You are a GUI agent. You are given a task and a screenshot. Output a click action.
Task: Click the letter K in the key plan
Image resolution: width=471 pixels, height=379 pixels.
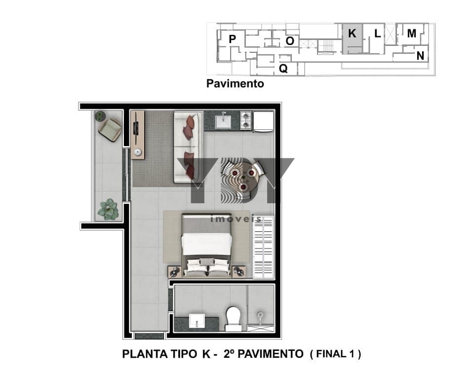[352, 33]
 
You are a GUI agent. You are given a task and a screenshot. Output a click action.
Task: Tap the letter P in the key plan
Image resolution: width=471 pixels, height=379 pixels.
[232, 39]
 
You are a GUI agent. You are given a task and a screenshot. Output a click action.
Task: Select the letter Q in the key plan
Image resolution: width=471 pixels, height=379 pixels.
[283, 69]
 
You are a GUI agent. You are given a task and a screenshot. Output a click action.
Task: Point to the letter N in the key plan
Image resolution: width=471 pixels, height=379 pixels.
[420, 56]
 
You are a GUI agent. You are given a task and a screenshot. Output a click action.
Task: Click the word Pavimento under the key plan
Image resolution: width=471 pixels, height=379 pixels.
[235, 83]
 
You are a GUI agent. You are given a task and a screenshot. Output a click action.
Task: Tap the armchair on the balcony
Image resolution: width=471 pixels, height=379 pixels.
[110, 130]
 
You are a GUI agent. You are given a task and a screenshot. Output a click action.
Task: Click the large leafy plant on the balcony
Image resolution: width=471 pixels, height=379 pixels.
[109, 209]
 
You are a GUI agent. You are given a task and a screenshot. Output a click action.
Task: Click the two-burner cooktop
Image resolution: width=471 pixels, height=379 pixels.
[246, 120]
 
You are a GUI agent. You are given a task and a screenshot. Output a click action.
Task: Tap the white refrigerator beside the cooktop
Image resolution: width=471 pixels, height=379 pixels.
[264, 121]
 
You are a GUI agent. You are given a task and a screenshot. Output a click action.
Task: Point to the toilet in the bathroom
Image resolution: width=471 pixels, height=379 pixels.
[233, 319]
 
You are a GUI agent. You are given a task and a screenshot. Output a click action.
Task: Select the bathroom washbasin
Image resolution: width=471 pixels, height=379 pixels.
[197, 321]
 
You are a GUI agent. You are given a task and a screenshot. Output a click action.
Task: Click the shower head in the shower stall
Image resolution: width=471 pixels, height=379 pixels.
[260, 316]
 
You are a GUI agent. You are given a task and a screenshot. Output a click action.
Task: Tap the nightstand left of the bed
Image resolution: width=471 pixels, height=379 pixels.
[175, 271]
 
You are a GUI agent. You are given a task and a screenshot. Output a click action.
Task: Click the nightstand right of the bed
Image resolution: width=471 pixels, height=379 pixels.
[239, 271]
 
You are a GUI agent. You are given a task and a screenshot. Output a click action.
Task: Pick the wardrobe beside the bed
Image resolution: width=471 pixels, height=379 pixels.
[264, 247]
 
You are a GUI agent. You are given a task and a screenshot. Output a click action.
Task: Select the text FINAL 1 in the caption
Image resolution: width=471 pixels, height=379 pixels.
[335, 354]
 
